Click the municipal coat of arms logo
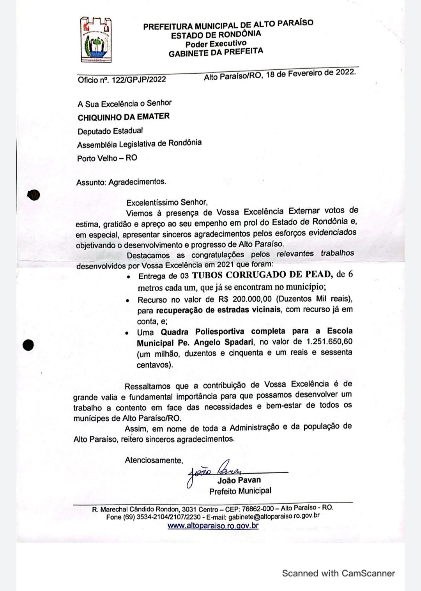click(x=96, y=40)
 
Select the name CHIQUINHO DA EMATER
click(x=124, y=117)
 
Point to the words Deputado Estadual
click(x=110, y=131)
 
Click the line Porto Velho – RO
click(x=107, y=158)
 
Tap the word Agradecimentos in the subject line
click(x=137, y=182)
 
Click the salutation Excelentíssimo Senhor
click(x=167, y=202)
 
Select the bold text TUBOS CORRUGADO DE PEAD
click(x=262, y=274)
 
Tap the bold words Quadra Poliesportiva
click(x=202, y=332)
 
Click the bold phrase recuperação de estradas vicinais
click(x=218, y=310)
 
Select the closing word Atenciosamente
click(x=154, y=460)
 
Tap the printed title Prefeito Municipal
click(x=240, y=491)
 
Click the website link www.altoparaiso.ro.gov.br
click(x=213, y=526)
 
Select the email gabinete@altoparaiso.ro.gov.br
click(x=274, y=517)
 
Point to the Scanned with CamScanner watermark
click(x=338, y=573)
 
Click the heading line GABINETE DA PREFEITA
click(x=216, y=52)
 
